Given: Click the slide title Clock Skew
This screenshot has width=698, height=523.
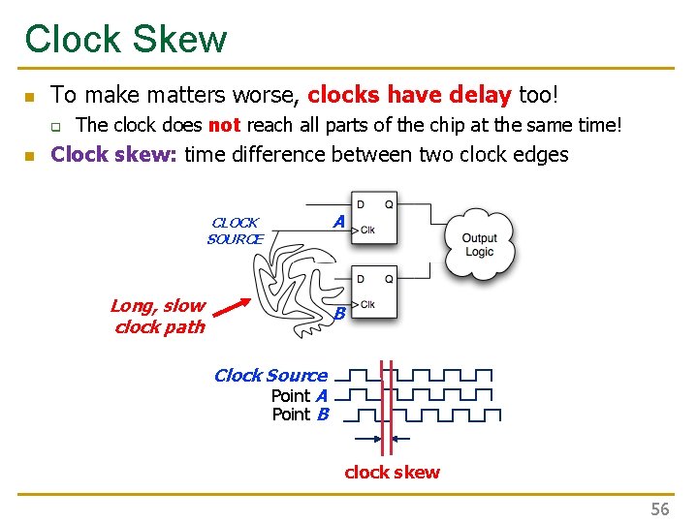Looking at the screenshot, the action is click(126, 39).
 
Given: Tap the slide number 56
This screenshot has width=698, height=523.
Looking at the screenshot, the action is click(660, 508).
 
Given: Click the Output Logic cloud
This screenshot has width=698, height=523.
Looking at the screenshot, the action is click(479, 245).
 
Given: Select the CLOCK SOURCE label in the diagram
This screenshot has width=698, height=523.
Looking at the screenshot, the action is click(236, 231).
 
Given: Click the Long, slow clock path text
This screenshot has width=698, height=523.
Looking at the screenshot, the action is click(158, 317).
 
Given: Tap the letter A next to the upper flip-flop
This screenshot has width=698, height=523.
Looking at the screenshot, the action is click(338, 222).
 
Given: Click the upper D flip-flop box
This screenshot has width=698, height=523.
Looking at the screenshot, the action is click(373, 222).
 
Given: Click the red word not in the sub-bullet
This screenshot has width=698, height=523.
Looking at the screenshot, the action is click(224, 125).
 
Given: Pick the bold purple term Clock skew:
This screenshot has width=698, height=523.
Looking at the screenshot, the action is click(113, 155).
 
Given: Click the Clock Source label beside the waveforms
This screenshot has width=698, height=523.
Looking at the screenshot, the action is click(270, 375).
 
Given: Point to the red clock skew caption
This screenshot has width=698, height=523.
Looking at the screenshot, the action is click(392, 473).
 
